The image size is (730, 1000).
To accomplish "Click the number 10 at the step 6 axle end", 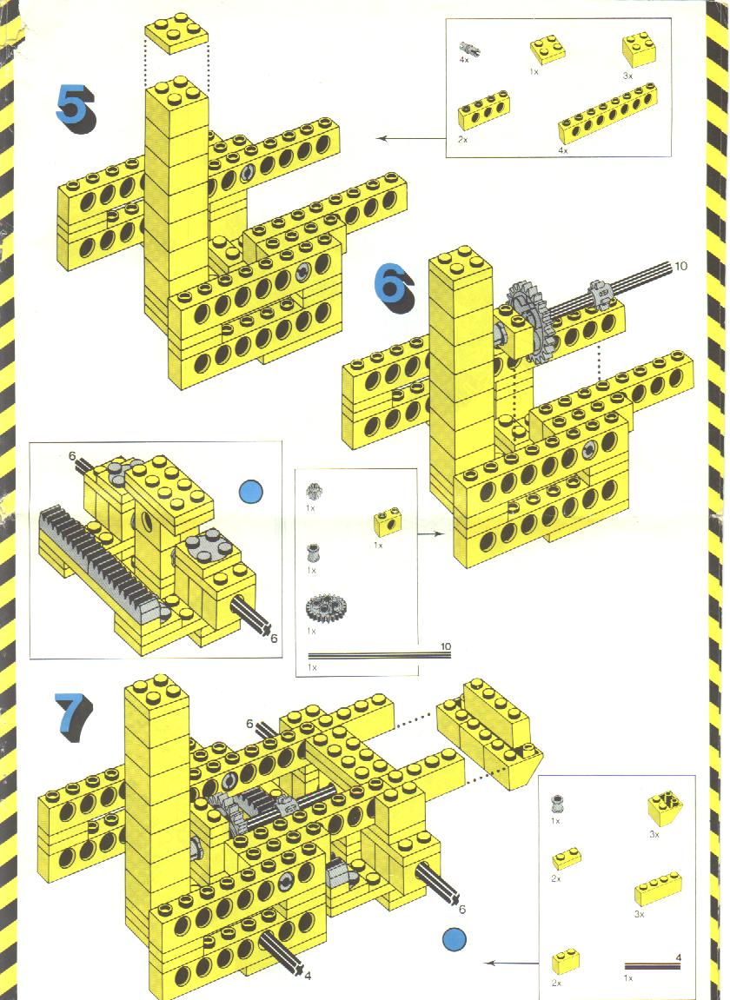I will [680, 266].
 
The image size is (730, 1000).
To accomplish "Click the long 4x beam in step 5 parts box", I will [607, 113].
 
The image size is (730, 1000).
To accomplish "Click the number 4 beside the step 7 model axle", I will [308, 975].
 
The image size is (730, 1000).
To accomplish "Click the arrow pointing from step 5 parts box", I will [408, 137].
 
